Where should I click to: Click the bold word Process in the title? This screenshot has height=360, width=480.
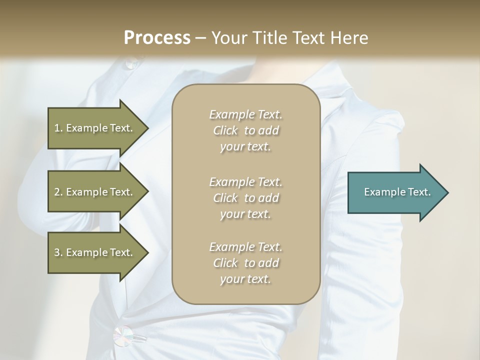point(157,38)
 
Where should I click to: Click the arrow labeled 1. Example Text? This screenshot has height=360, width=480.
point(95,128)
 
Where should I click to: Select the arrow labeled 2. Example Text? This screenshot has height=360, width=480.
point(95,192)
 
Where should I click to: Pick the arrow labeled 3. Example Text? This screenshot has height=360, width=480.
point(95,252)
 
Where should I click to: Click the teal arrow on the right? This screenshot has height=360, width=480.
point(395,192)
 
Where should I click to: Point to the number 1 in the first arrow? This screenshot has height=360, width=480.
point(57,128)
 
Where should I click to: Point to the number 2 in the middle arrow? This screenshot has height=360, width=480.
point(57,192)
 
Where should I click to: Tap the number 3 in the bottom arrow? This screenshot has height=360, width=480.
point(57,252)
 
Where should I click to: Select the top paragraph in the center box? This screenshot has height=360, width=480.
point(245,130)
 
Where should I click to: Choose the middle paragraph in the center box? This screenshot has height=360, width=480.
point(245,198)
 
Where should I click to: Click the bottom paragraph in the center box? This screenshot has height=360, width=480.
point(245,263)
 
